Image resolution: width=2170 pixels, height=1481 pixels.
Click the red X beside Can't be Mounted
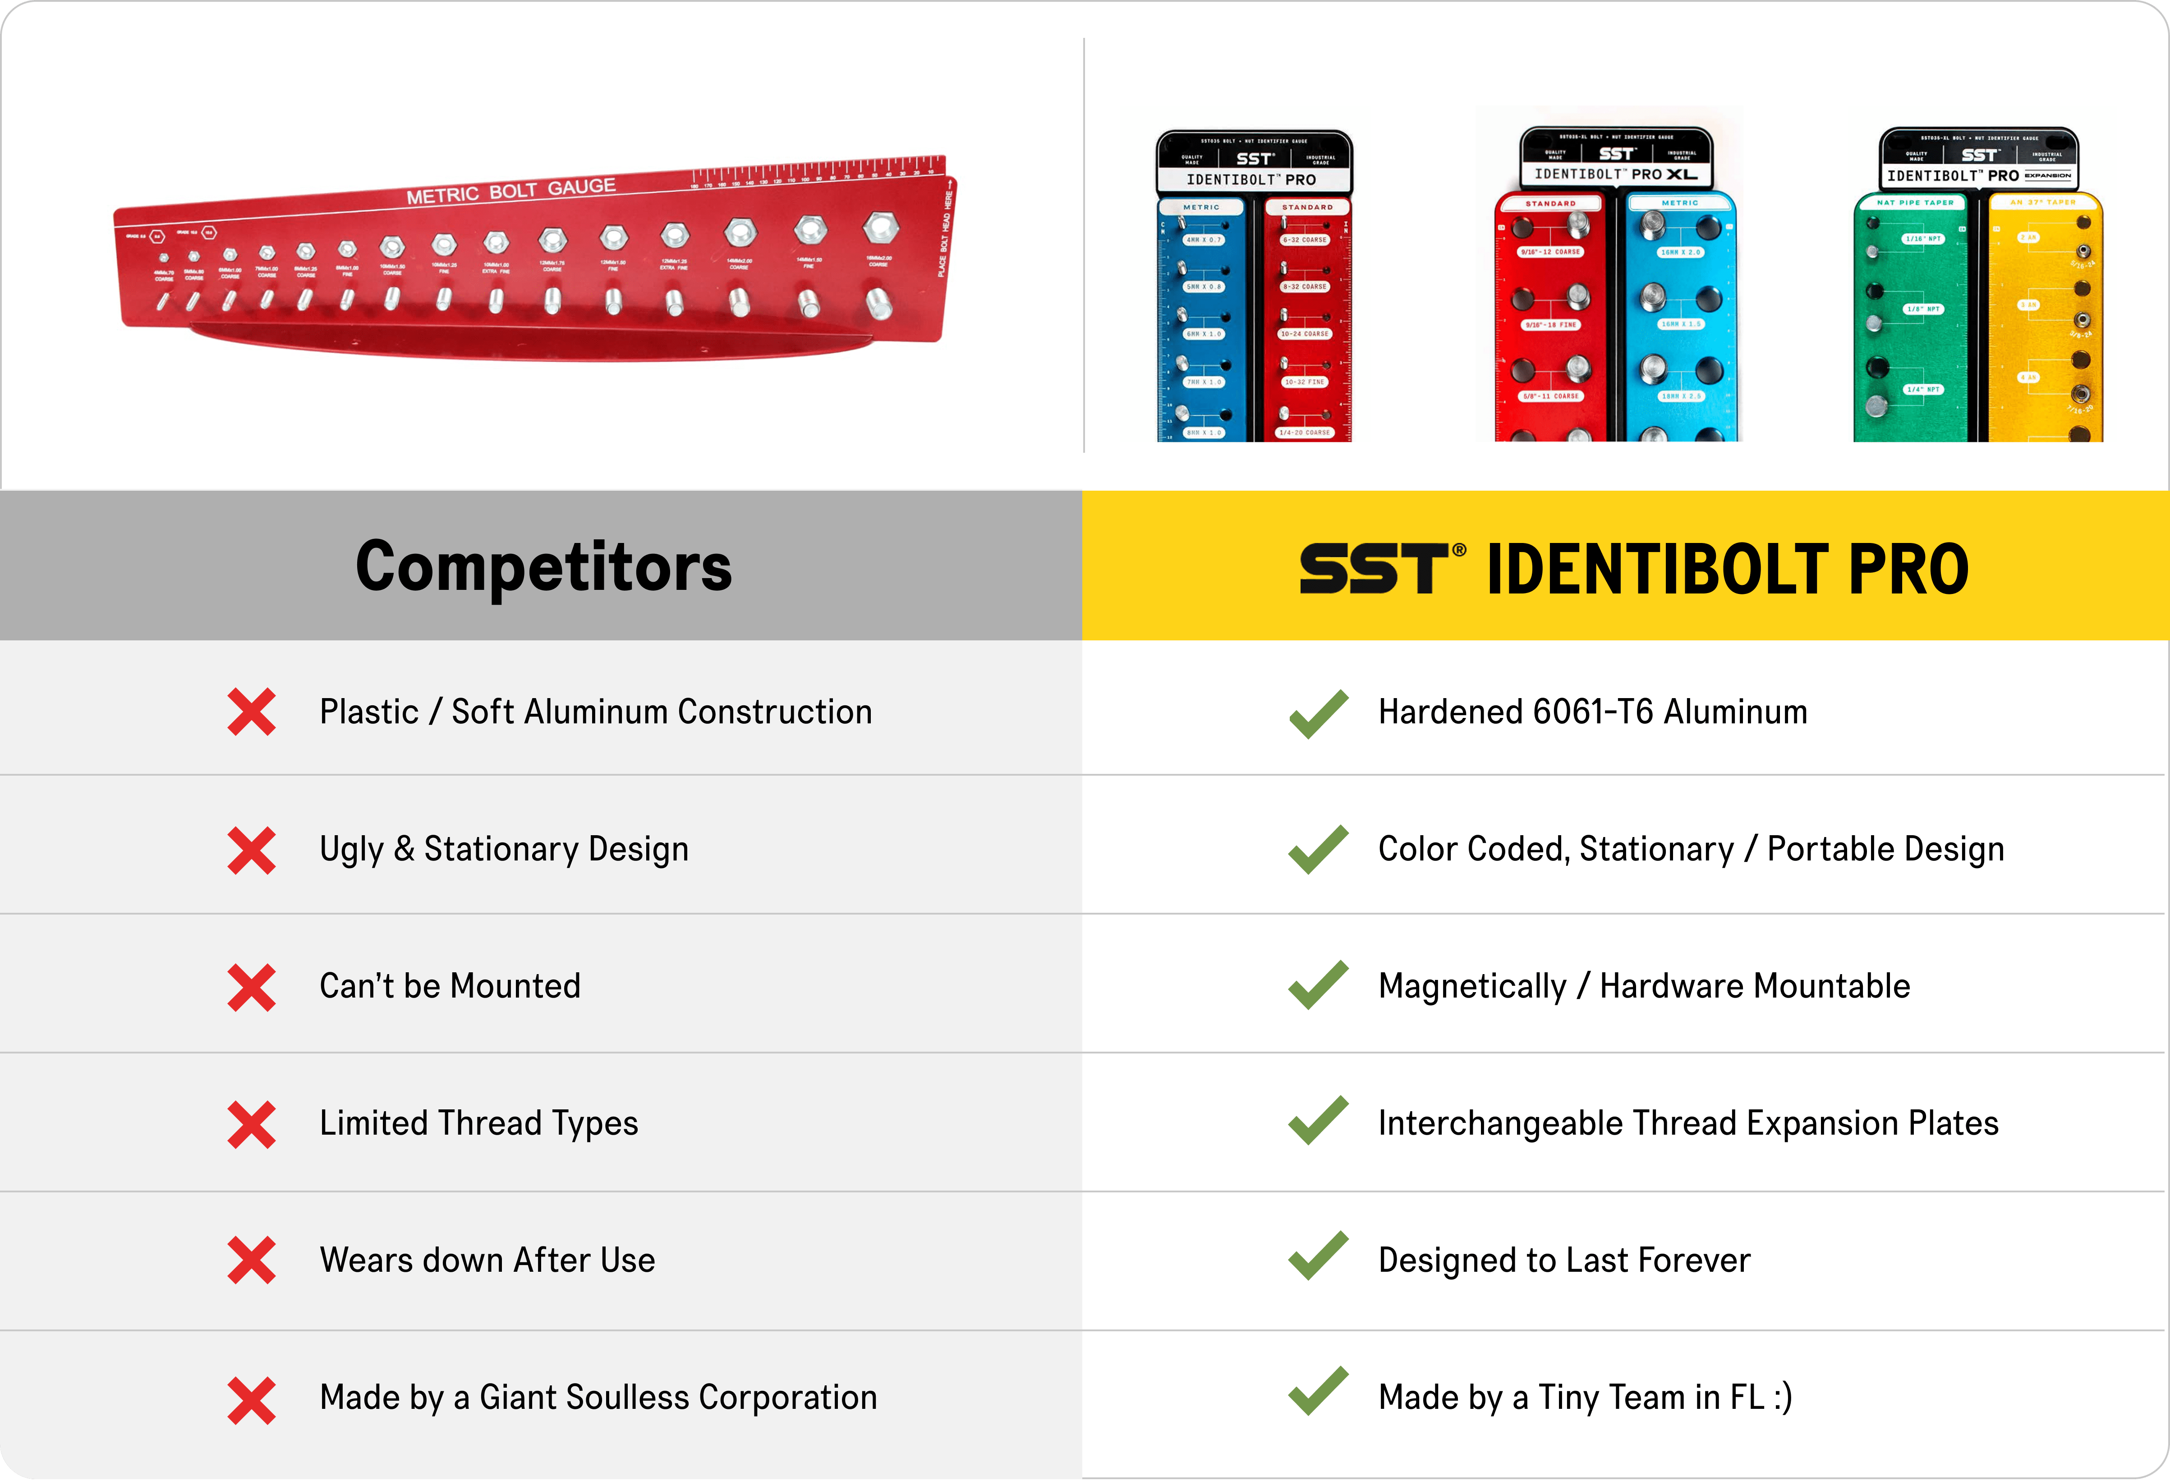(251, 987)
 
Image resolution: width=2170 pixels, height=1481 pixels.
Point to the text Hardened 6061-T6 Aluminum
(1592, 712)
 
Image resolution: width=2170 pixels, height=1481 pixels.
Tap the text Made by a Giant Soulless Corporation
(598, 1397)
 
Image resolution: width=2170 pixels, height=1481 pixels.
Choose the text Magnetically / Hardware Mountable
(1643, 986)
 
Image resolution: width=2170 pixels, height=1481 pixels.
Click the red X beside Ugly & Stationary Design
(251, 850)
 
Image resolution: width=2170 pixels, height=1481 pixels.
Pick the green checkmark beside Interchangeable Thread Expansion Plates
(1318, 1120)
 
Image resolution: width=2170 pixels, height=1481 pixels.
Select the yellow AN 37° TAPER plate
(2045, 317)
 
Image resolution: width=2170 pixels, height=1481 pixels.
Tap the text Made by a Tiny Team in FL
(1585, 1397)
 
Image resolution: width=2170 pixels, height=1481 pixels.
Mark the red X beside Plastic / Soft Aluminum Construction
(251, 713)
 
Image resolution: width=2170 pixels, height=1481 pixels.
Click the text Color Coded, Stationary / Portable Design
(1690, 849)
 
